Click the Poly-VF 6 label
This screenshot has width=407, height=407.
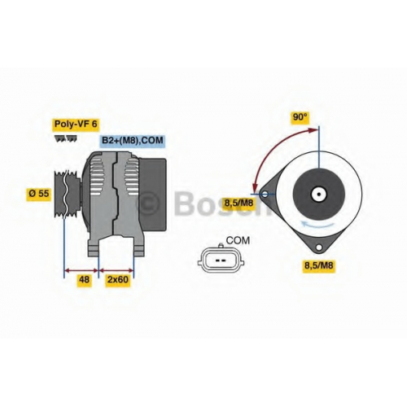click(x=76, y=124)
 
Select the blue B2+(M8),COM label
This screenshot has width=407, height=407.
click(x=133, y=141)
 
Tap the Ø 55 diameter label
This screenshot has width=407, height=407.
click(x=39, y=194)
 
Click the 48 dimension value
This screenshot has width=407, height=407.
click(x=84, y=279)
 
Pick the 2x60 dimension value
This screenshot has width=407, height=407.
click(x=117, y=279)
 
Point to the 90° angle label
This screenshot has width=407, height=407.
click(x=300, y=117)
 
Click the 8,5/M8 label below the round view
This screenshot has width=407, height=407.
click(x=318, y=265)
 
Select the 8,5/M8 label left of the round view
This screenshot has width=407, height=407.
click(x=239, y=203)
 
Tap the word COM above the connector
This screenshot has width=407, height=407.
click(x=238, y=240)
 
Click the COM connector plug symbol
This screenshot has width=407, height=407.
click(x=221, y=260)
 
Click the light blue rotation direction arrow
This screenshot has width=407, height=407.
click(x=318, y=225)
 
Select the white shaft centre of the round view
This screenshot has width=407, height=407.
click(x=319, y=195)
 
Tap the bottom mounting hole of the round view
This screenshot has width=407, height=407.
click(x=319, y=247)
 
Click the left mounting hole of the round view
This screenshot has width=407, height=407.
click(x=265, y=194)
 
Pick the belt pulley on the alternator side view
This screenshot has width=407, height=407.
click(x=67, y=194)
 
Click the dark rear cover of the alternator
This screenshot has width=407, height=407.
click(x=152, y=195)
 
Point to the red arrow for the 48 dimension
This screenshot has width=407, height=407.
click(x=81, y=270)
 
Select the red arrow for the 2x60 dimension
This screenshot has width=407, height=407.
click(x=116, y=270)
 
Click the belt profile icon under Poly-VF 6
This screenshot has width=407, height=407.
click(x=65, y=138)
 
